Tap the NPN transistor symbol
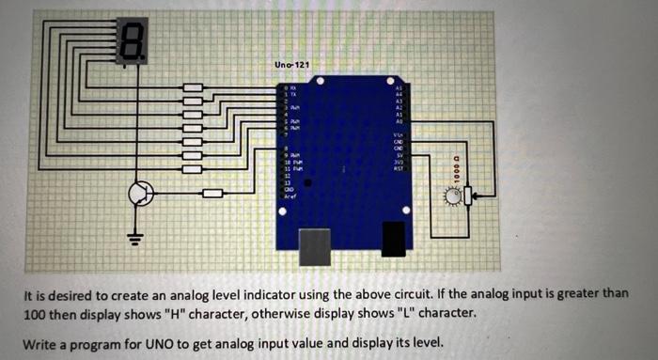141,194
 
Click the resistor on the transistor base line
212,194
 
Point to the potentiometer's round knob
455,196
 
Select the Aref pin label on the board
290,196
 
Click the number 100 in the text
36,312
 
